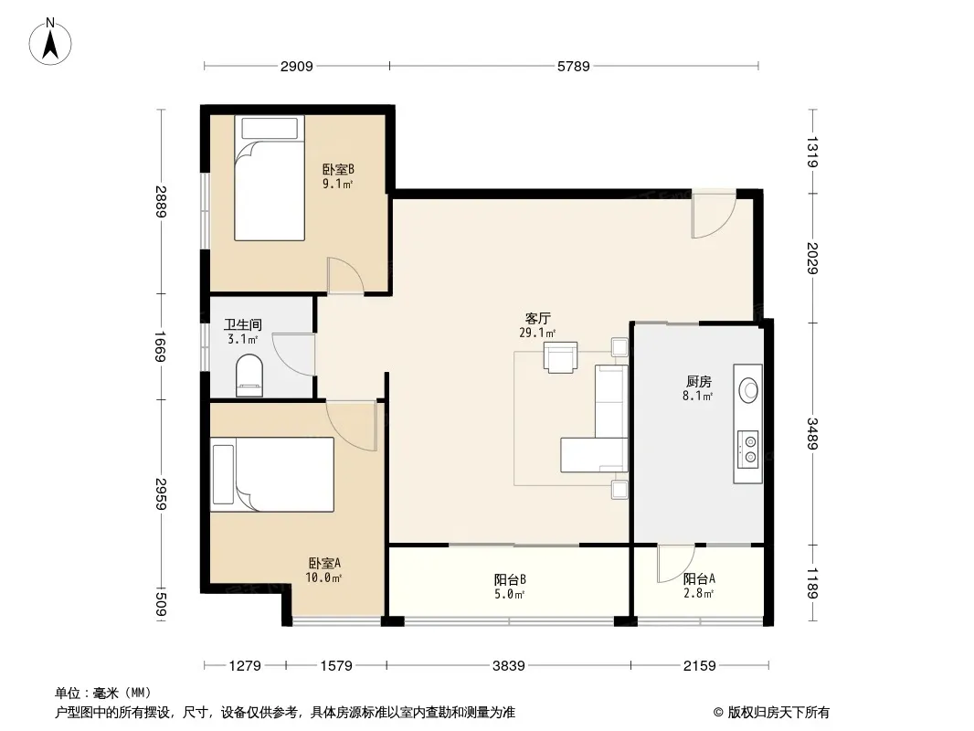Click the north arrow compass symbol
pos(50,42)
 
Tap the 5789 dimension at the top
pos(573,66)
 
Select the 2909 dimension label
pos(296,66)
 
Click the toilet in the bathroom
pos(249,376)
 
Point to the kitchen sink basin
pos(748,390)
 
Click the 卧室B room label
pos(338,170)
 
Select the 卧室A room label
pos(324,563)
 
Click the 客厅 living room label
pos(537,319)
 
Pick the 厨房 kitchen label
pos(698,381)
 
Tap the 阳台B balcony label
pos(510,579)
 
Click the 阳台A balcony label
pos(699,578)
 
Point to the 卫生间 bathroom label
pos(243,324)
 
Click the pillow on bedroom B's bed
pos(270,129)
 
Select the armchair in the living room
pos(560,357)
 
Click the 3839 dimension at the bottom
pos(509,666)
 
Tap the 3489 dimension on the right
pos(812,433)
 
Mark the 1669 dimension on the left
pos(160,346)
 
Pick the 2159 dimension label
pos(700,666)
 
